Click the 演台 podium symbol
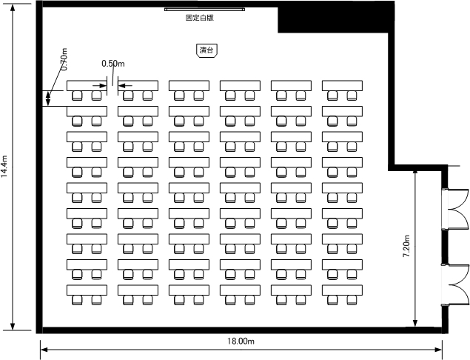(207, 50)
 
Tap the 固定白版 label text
(200, 18)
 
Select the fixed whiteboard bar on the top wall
(204, 10)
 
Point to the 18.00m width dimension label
(241, 341)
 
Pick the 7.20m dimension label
(406, 246)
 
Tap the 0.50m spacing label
(113, 64)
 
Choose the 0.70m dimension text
(64, 59)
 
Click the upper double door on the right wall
(455, 209)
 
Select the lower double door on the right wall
(455, 285)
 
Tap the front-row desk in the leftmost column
(87, 85)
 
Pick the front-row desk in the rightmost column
(342, 85)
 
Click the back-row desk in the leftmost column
(87, 290)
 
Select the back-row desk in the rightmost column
(342, 290)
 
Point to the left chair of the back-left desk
(77, 300)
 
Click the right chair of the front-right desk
(352, 96)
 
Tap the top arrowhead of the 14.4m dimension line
(13, 8)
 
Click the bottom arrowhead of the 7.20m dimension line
(415, 322)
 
